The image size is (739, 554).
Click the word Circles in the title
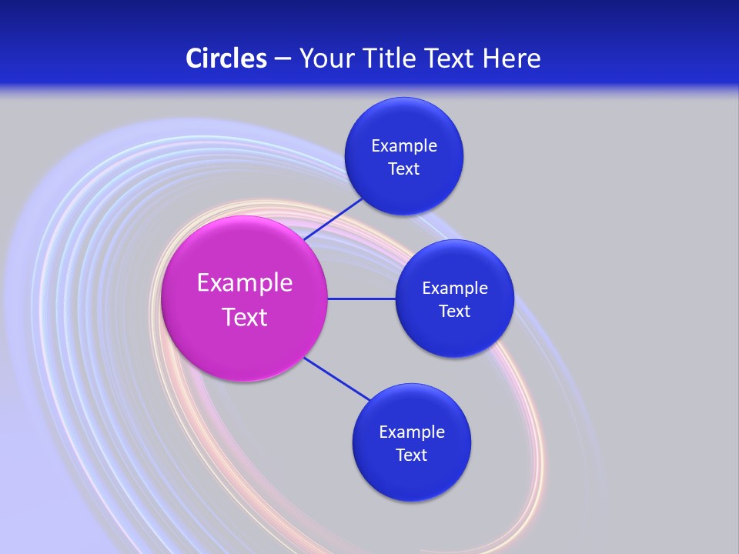coord(226,58)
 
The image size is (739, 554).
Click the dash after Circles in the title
coord(283,59)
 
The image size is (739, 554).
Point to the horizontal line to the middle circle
coord(361,299)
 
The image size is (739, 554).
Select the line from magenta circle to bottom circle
coord(336,379)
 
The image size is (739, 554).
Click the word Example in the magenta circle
coord(245,283)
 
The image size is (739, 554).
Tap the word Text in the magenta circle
coord(245,317)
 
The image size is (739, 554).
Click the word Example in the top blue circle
coord(404,145)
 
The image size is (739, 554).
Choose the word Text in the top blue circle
coord(403,169)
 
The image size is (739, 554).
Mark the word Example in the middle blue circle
coord(455,288)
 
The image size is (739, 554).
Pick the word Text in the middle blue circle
coord(454,311)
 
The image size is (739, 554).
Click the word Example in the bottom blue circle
coord(412,432)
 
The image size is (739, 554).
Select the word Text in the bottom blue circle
coord(411,455)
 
